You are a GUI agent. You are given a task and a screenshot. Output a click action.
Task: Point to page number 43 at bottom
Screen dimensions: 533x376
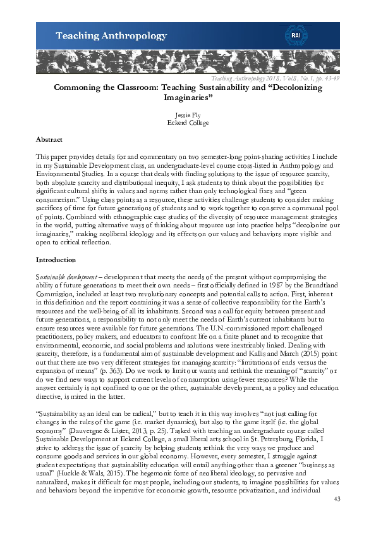coord(336,499)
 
